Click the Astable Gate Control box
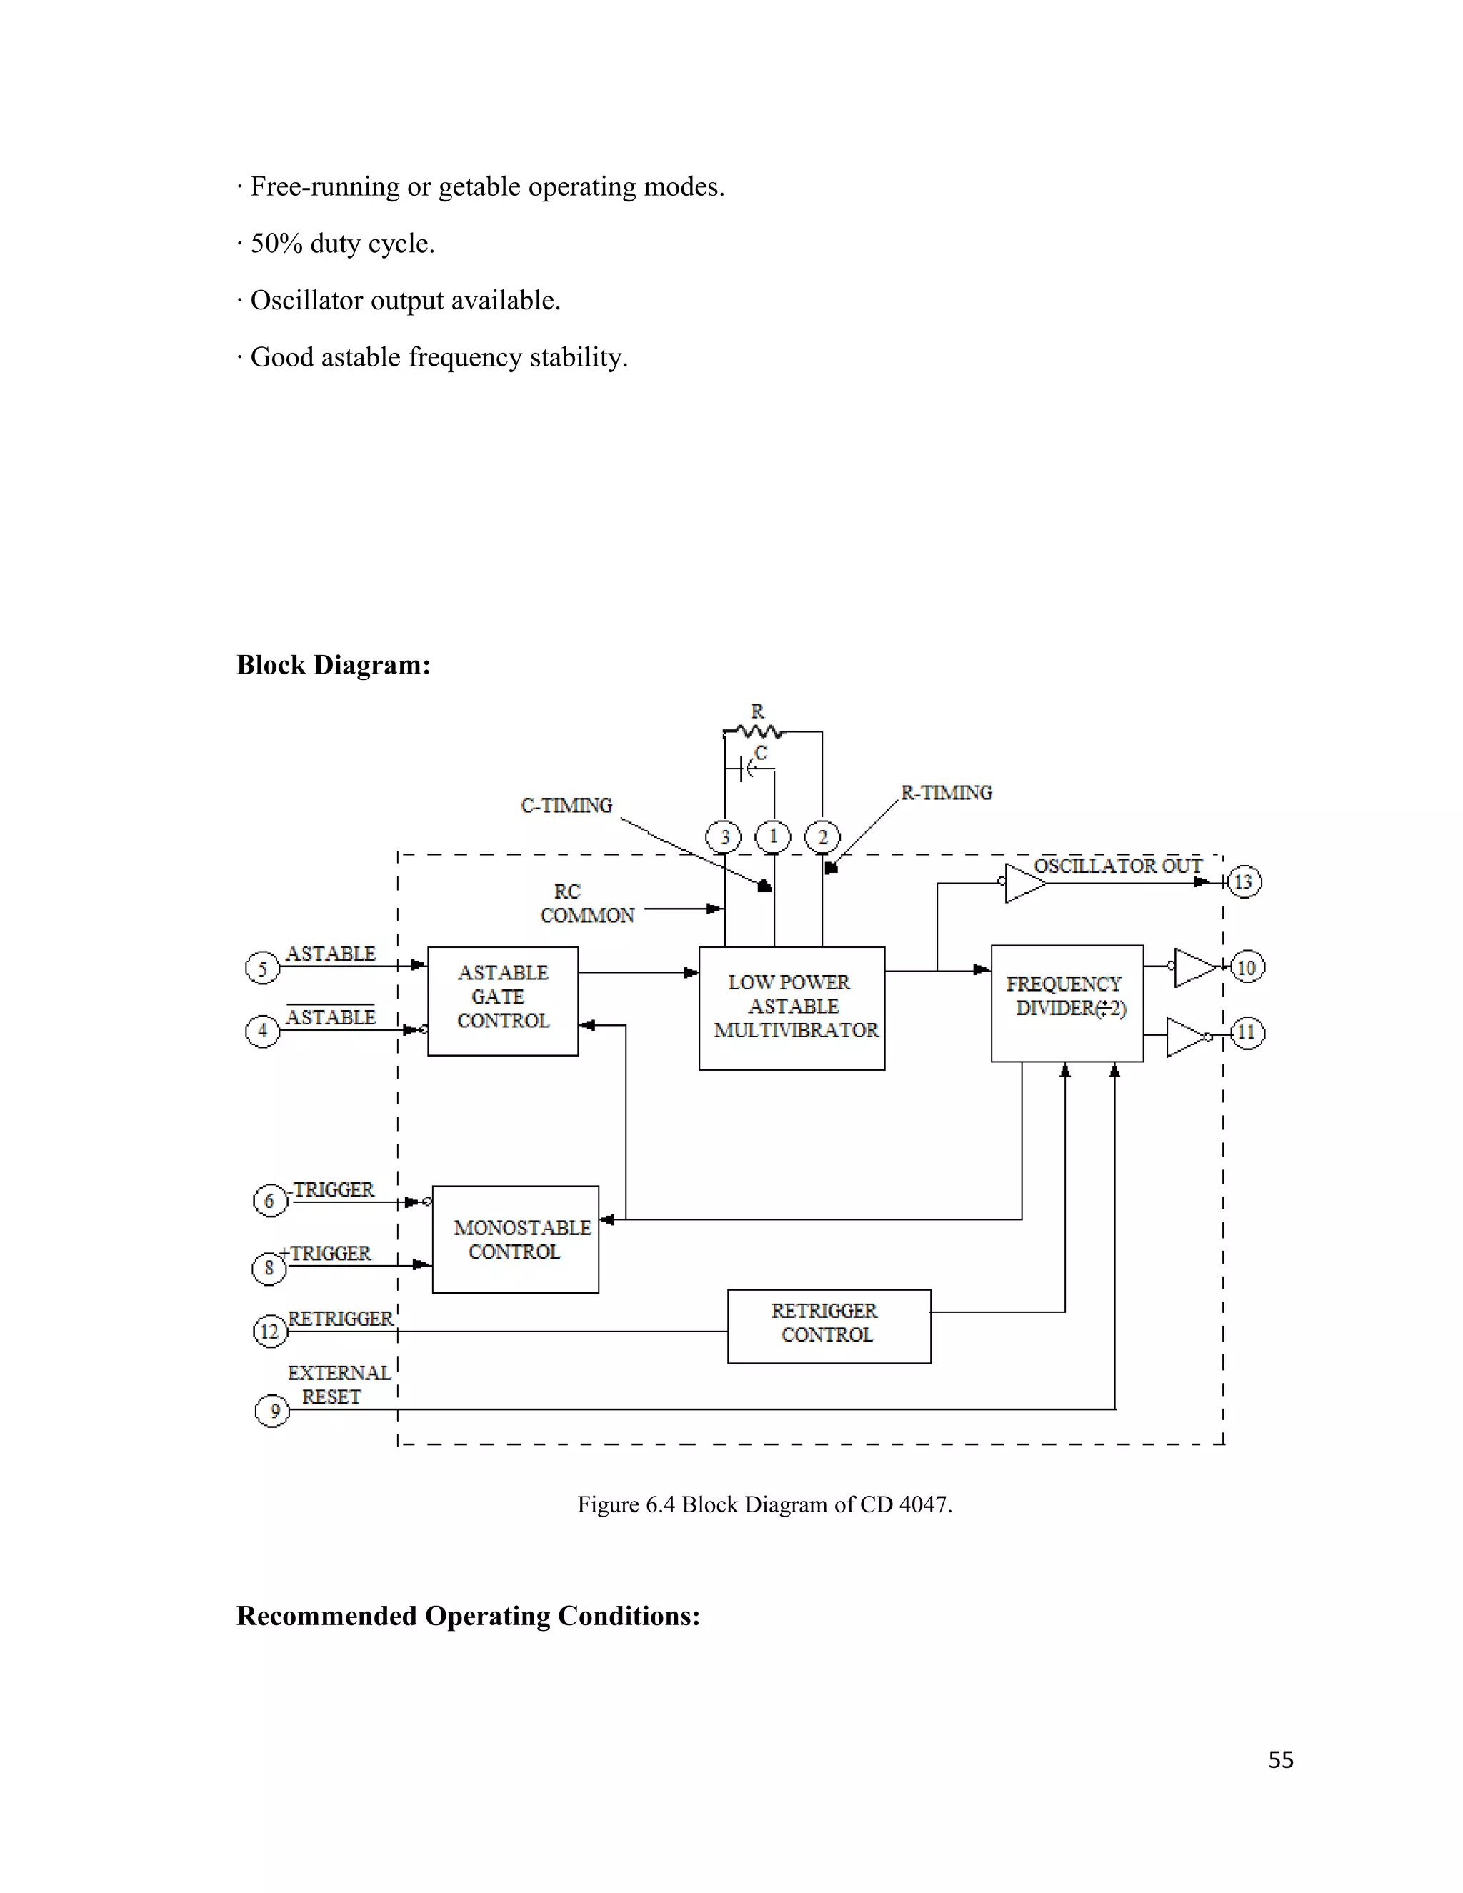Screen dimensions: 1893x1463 pos(503,1001)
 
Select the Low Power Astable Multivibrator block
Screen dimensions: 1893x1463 pos(792,1008)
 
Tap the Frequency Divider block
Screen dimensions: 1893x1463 pos(1066,1003)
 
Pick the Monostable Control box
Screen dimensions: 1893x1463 pos(516,1239)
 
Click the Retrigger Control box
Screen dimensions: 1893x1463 pos(829,1326)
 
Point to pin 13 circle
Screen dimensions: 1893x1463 pos(1244,882)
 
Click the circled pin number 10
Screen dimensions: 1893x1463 pos(1247,967)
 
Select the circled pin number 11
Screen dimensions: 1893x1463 pos(1247,1032)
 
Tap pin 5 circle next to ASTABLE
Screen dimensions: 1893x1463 pos(263,968)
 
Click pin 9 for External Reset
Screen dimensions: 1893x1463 pos(272,1411)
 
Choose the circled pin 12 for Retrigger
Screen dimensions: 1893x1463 pos(269,1332)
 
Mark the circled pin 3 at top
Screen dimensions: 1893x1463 pos(724,837)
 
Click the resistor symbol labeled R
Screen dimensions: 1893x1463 pos(757,731)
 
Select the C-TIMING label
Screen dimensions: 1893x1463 pos(566,806)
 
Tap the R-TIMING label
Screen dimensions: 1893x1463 pos(946,793)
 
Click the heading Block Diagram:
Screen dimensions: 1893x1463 pos(334,665)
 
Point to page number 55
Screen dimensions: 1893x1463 pos(1280,1760)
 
